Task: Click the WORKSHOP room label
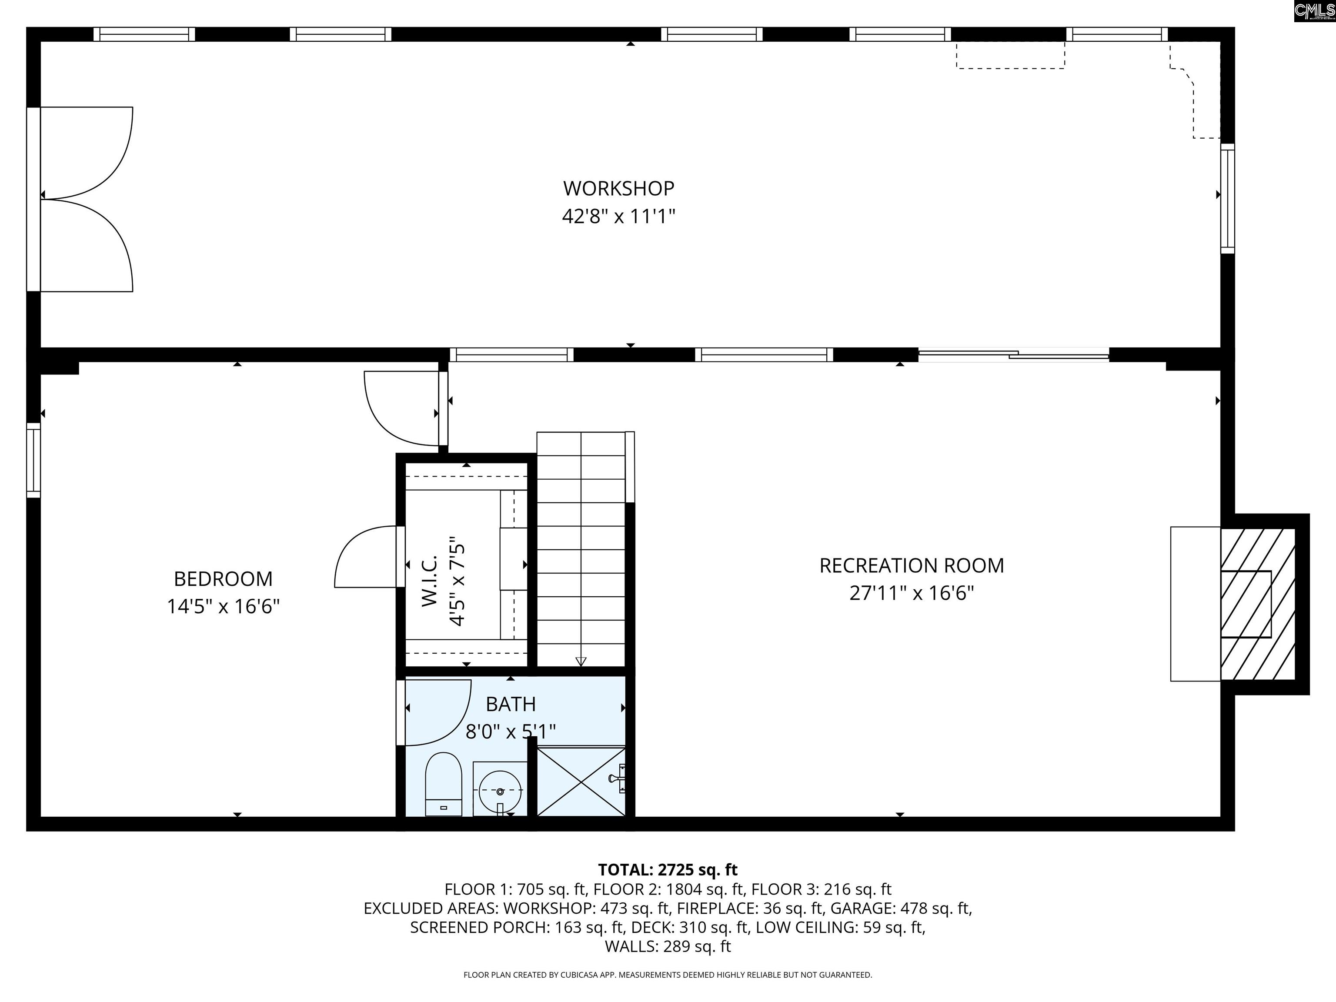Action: pyautogui.click(x=618, y=188)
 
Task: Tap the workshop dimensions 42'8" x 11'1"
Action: pyautogui.click(x=618, y=216)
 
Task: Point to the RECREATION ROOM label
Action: pyautogui.click(x=912, y=565)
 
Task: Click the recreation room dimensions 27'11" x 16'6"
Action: pyautogui.click(x=912, y=593)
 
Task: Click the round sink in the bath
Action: pyautogui.click(x=500, y=791)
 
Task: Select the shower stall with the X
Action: pyautogui.click(x=581, y=782)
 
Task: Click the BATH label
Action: pyautogui.click(x=511, y=704)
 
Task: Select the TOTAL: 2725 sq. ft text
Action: pyautogui.click(x=668, y=870)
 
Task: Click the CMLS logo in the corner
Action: pyautogui.click(x=1314, y=11)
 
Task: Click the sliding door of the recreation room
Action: pyautogui.click(x=1013, y=355)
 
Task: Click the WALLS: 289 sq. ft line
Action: pyautogui.click(x=668, y=946)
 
